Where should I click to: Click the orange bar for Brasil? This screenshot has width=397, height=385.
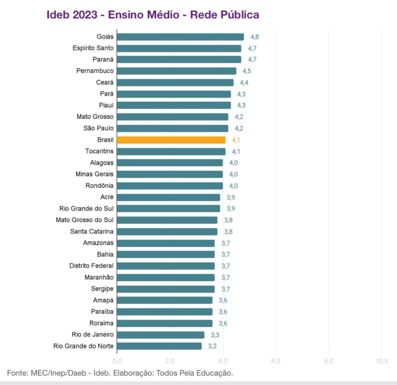[x=171, y=140]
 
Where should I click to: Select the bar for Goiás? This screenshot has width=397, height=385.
[x=180, y=37]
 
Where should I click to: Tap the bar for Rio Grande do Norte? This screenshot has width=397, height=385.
[x=159, y=346]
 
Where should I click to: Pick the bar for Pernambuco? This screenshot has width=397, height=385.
[x=176, y=71]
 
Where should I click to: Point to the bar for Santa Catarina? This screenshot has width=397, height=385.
[x=167, y=232]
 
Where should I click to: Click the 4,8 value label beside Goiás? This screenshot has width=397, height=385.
[x=254, y=37]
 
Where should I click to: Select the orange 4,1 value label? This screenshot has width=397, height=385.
[x=236, y=140]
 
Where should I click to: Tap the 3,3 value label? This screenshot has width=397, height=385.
[x=215, y=335]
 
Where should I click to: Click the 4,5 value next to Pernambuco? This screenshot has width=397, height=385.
[x=247, y=71]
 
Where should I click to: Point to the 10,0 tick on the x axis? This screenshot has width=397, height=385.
[x=382, y=361]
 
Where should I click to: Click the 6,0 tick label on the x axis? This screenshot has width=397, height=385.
[x=276, y=361]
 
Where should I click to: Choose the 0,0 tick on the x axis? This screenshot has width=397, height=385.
[x=117, y=361]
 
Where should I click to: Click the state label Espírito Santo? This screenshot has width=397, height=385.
[x=93, y=48]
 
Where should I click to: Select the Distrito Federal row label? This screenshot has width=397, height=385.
[x=91, y=266]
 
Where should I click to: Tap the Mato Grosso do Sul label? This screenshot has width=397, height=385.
[x=85, y=220]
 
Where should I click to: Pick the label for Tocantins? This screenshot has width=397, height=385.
[x=100, y=151]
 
